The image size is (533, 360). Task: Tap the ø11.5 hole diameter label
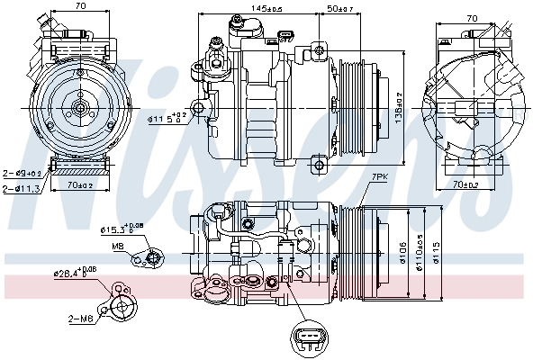(x=167, y=117)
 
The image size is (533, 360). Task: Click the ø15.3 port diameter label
(x=122, y=230)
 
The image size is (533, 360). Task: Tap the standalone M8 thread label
(x=117, y=246)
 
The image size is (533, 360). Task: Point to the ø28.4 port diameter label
(x=77, y=272)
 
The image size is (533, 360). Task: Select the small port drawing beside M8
(x=147, y=259)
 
